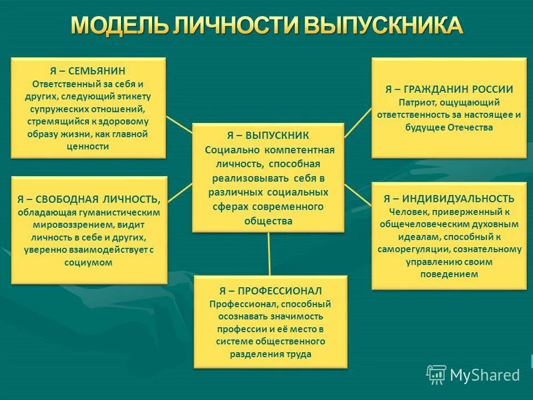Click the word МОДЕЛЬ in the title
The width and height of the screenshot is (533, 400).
click(117, 26)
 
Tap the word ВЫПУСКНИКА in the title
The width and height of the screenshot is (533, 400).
click(383, 26)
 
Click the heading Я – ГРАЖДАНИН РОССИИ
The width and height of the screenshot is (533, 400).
click(449, 89)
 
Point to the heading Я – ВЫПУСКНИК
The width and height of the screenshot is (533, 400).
click(268, 136)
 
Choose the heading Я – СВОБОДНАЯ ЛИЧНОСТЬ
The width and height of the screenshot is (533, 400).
click(89, 199)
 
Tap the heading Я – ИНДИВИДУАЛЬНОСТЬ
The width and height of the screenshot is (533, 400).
click(449, 198)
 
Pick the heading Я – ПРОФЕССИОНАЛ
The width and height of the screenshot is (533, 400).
click(270, 291)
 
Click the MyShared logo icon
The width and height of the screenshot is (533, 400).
click(436, 374)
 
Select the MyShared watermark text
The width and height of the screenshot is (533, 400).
click(485, 375)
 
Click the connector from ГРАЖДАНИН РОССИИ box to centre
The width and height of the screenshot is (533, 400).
click(358, 123)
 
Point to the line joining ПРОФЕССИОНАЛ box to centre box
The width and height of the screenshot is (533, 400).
click(269, 253)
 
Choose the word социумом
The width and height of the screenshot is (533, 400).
click(89, 263)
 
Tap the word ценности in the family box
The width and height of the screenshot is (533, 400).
click(88, 146)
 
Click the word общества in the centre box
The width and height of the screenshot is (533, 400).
click(268, 221)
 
